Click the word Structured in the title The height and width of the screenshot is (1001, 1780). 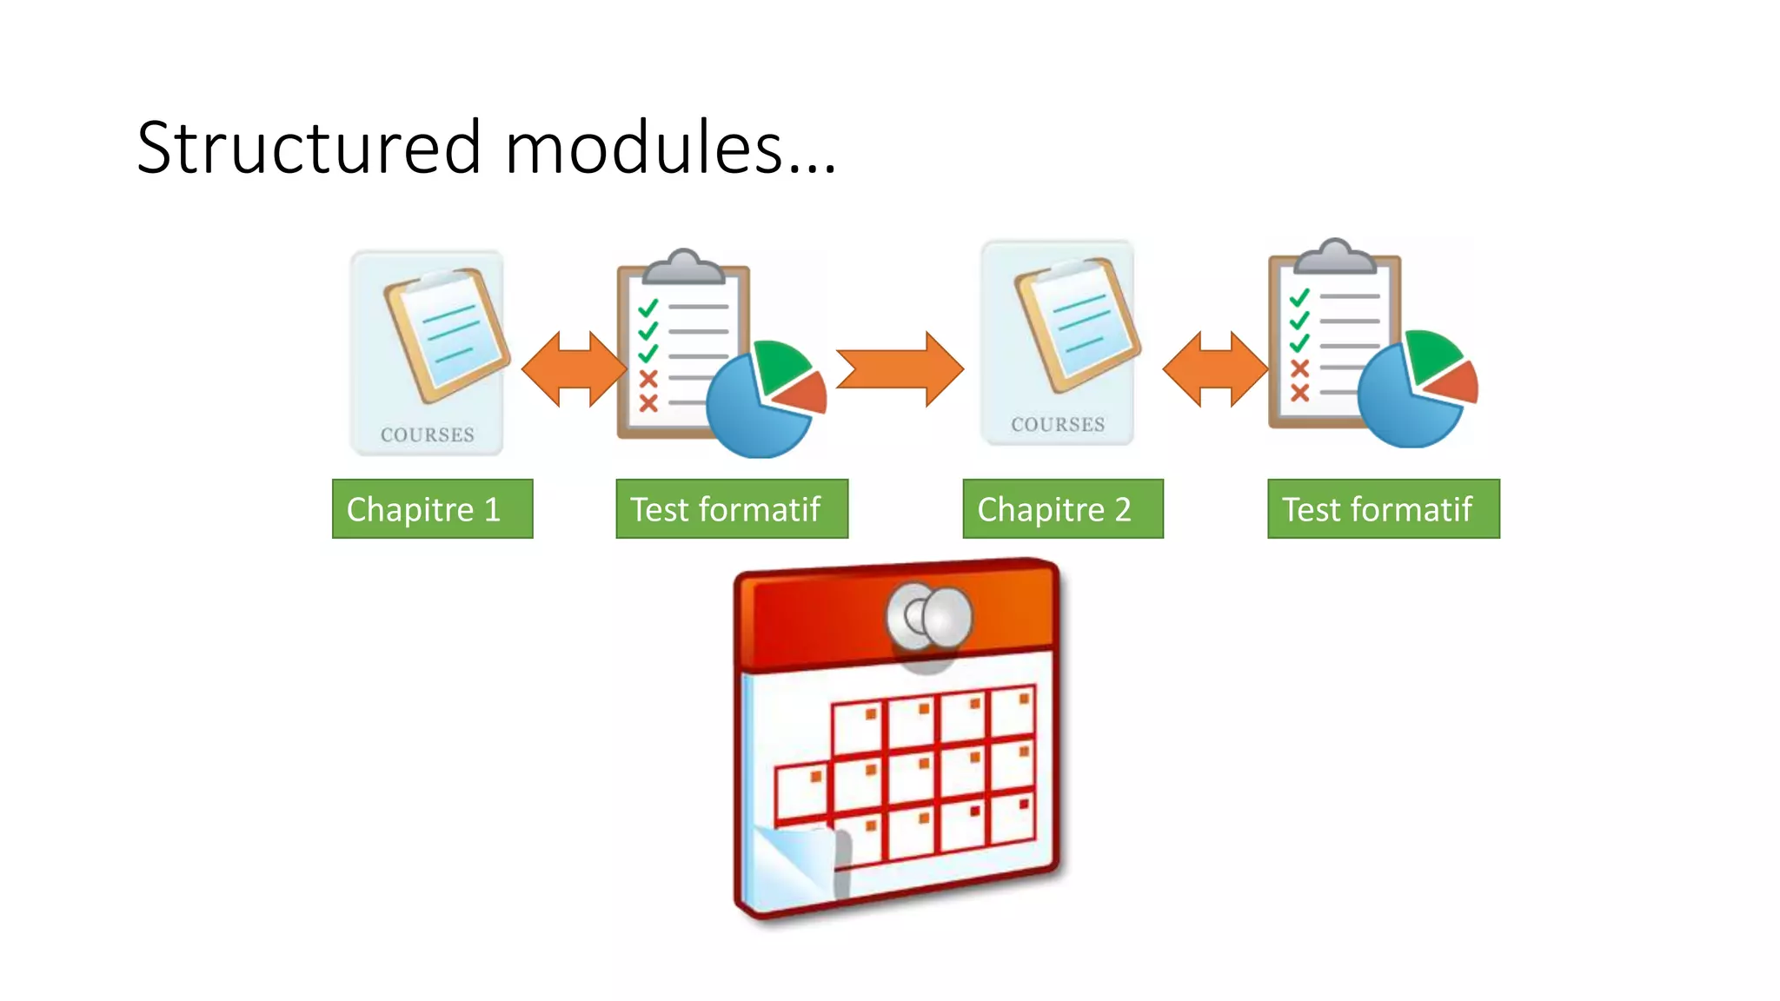(309, 148)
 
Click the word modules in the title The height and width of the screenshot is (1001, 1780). (643, 148)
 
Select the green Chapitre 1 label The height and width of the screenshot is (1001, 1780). (432, 509)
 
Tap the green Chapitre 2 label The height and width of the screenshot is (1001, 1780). (1062, 509)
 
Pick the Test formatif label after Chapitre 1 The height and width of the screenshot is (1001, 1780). (731, 509)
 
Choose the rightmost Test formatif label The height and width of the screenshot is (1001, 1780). (1383, 509)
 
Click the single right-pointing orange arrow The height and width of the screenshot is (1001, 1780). (900, 369)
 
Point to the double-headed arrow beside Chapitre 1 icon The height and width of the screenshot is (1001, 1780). (574, 369)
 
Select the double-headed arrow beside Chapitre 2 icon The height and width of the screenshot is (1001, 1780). (1215, 369)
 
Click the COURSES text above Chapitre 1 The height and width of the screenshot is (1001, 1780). (428, 434)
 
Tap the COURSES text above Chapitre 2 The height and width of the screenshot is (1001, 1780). (1058, 424)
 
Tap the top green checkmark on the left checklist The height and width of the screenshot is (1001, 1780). (648, 308)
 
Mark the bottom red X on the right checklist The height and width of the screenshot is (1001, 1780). (1299, 393)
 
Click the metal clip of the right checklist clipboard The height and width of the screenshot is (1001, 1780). (1336, 257)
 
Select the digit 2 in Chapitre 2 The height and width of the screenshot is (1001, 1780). (1123, 509)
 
